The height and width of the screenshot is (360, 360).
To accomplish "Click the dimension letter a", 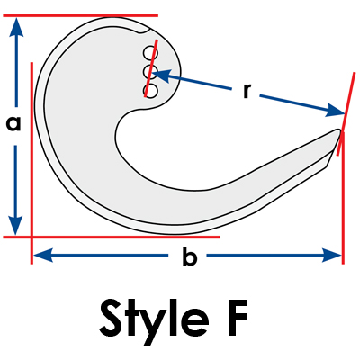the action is (x=13, y=124).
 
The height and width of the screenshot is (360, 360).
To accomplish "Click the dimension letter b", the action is (x=190, y=256).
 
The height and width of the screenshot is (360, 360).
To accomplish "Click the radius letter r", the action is (x=247, y=91).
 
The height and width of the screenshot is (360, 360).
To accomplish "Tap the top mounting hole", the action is (x=149, y=53).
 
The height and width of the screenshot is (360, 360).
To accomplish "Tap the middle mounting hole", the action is (x=149, y=72).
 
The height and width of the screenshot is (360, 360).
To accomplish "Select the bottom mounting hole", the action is (x=150, y=91).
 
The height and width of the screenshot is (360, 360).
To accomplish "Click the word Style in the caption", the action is (x=154, y=319).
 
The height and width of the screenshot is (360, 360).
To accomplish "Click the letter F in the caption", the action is (x=237, y=318).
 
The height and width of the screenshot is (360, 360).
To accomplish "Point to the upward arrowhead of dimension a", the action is (x=16, y=27).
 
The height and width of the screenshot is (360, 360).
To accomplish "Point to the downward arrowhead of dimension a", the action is (x=16, y=225).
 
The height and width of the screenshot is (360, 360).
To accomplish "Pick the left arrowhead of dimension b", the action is (x=43, y=256).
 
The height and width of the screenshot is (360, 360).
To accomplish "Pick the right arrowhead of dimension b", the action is (x=332, y=256).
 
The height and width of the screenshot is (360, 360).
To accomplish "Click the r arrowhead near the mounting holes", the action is (x=162, y=74).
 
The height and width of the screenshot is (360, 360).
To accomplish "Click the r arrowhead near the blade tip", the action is (x=335, y=111).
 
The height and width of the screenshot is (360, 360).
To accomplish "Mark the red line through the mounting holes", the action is (x=151, y=68).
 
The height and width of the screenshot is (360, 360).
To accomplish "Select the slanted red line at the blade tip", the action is (x=346, y=114).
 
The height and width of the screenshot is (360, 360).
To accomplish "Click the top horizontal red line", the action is (x=80, y=15).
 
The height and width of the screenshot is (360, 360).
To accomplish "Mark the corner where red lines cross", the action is (x=31, y=237).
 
